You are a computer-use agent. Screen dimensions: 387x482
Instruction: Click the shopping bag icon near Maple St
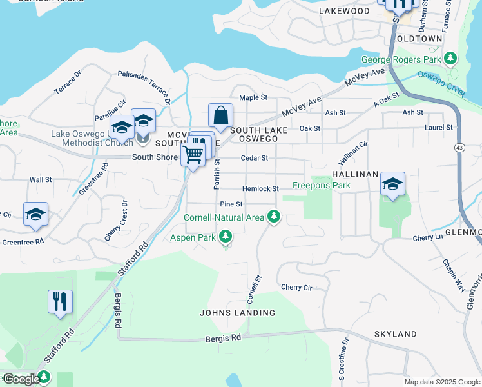pos(220,116)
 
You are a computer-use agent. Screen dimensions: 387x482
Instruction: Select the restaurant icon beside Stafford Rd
pos(60,301)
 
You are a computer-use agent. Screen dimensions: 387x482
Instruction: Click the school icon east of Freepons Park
pos(392,184)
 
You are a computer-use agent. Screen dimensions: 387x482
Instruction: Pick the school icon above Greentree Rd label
pos(36,214)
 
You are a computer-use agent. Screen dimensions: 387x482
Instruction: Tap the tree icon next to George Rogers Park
pos(452,59)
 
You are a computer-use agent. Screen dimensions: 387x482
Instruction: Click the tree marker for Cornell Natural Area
pos(274,217)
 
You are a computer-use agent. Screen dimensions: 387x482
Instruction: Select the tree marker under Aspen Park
pos(226,238)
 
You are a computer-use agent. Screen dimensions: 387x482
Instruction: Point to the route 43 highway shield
pos(458,148)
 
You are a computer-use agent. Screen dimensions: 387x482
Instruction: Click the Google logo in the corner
pos(21,379)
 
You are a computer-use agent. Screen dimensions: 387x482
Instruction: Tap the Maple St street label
pos(253,97)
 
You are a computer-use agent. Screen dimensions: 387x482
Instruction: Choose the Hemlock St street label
pos(260,189)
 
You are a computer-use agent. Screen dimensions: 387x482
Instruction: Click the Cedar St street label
pos(254,158)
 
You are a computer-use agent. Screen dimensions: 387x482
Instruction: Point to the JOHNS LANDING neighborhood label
pos(237,313)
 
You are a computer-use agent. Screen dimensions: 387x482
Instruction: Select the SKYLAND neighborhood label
pos(395,334)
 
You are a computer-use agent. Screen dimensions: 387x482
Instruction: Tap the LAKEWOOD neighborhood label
pos(345,11)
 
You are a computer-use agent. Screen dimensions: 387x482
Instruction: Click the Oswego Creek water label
pos(441,83)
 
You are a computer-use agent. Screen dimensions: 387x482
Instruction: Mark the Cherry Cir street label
pos(296,287)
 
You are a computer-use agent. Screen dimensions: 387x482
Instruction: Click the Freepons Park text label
pos(322,185)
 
